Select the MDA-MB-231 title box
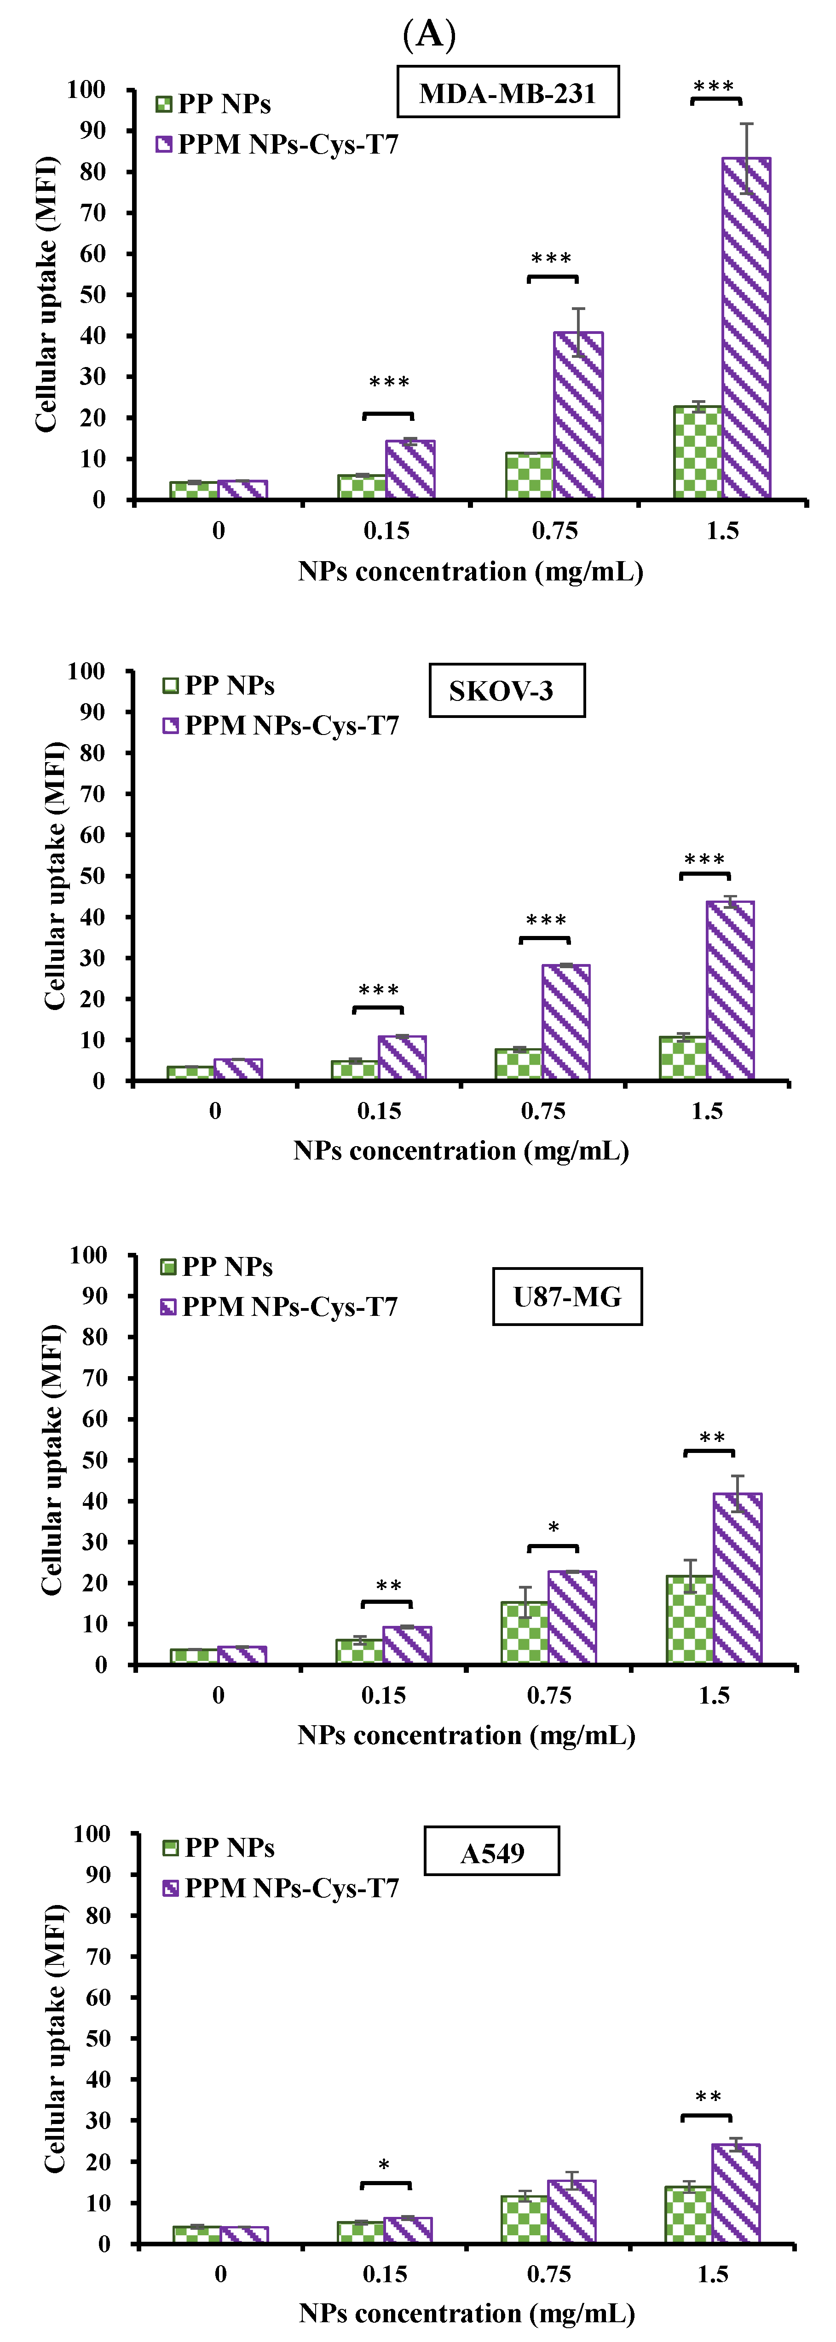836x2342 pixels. pyautogui.click(x=507, y=93)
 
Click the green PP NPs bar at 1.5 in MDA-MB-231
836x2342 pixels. pyautogui.click(x=698, y=452)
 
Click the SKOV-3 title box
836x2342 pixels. pyautogui.click(x=506, y=691)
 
